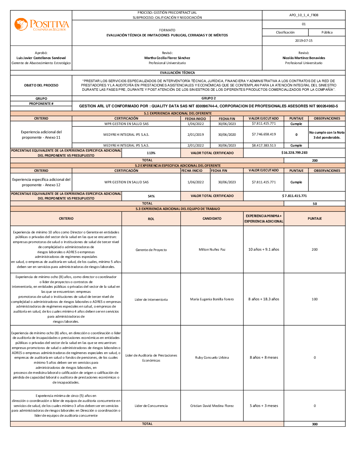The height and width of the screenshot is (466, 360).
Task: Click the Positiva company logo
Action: pos(41,25)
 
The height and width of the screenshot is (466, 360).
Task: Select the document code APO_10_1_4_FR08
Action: pos(303,15)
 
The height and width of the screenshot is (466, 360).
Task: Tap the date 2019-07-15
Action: pos(303,41)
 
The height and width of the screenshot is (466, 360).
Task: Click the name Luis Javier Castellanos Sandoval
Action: pos(41,58)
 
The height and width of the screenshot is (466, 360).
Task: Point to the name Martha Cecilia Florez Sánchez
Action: pos(167,58)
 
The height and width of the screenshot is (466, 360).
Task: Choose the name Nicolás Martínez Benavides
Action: pos(303,58)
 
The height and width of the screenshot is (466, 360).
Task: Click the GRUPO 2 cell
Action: pos(208,98)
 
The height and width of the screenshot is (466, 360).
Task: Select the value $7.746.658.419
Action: pos(264,134)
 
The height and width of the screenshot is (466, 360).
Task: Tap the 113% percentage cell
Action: pos(151,153)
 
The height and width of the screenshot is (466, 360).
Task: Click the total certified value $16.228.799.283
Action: pos(294,153)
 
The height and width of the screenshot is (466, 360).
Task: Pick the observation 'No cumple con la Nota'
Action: pos(327,133)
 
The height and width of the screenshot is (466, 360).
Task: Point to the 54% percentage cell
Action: pos(151,196)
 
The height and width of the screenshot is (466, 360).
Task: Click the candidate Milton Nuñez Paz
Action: pos(212,250)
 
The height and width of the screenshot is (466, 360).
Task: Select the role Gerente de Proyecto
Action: pos(151,250)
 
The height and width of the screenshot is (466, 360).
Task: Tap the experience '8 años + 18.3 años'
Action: pos(264,299)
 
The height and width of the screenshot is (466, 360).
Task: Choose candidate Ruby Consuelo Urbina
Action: pos(212,358)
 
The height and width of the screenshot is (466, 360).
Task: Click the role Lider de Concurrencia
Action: pos(151,406)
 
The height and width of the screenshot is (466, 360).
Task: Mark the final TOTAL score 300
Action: pos(315,424)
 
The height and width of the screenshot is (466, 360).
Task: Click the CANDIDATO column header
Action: pos(212,219)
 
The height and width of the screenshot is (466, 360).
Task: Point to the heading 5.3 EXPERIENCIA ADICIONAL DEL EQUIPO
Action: pos(177,209)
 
